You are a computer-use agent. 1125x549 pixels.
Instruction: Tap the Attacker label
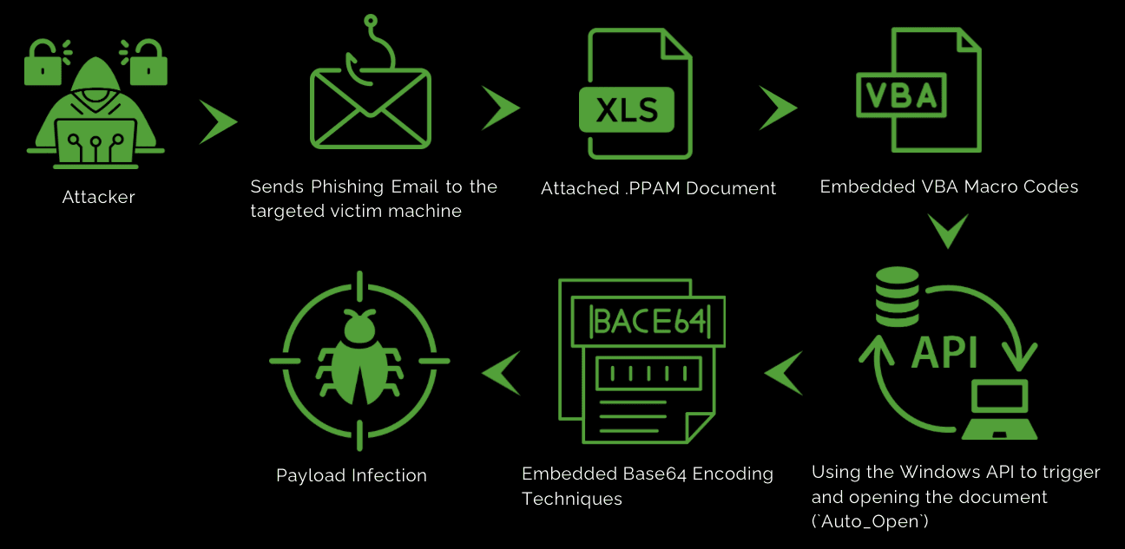[98, 198]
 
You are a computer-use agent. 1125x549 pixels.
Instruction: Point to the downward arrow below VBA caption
[948, 230]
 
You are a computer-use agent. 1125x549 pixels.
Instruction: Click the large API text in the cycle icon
[944, 352]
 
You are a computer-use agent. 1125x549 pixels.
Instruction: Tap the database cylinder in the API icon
[897, 297]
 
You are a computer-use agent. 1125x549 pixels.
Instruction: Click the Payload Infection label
[351, 475]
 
